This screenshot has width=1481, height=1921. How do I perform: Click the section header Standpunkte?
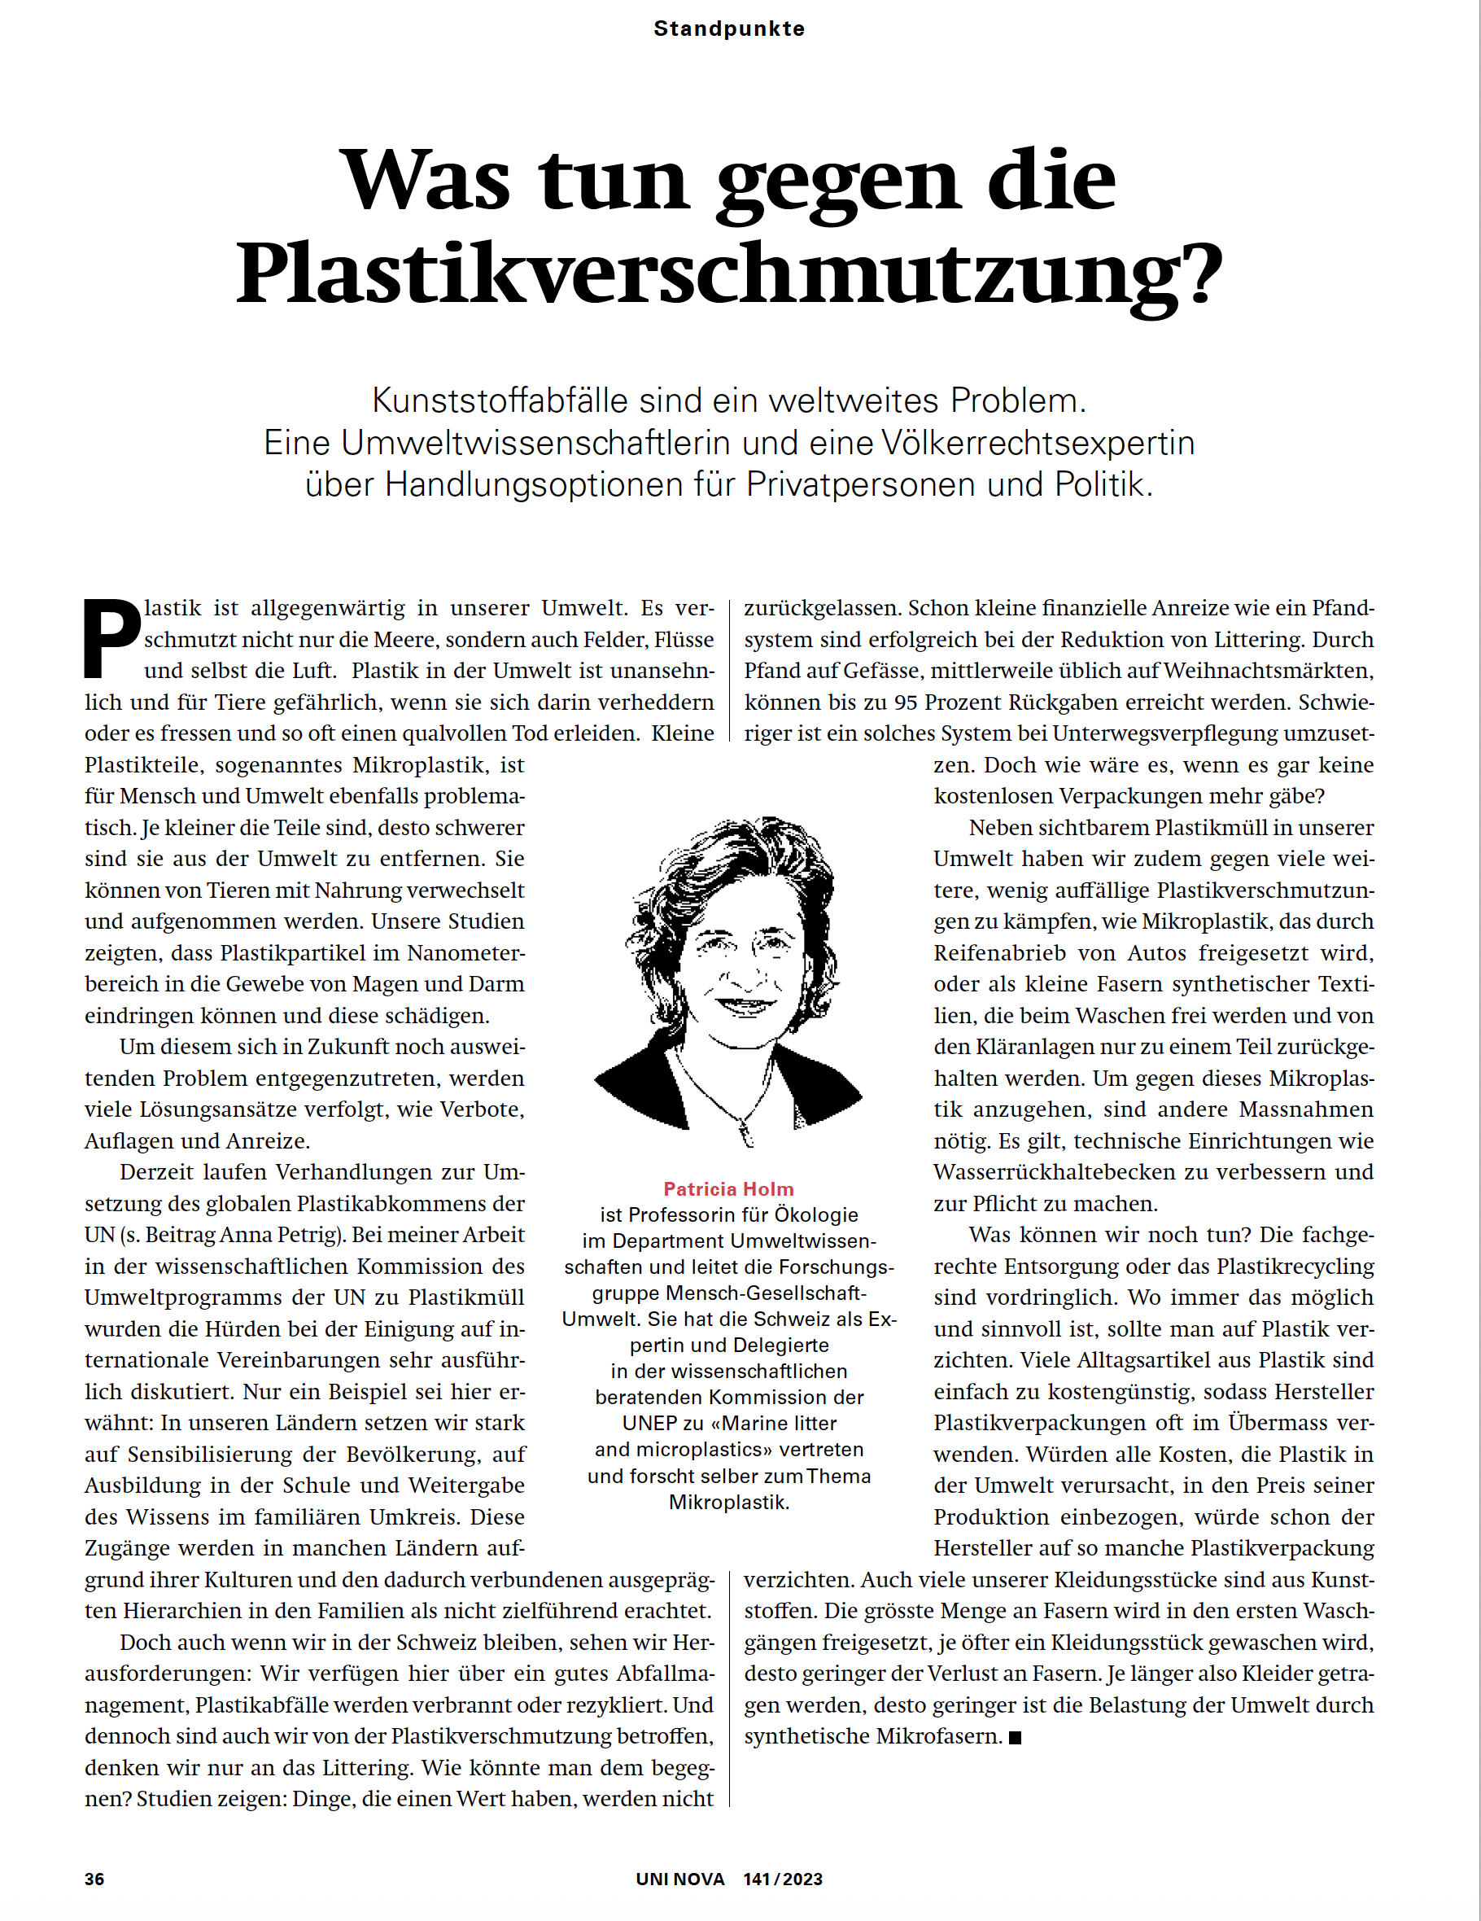point(729,29)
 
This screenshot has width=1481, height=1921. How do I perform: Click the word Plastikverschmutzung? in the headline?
point(729,275)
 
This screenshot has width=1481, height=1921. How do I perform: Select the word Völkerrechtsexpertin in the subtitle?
point(1038,443)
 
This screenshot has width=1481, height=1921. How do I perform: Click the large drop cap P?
point(111,639)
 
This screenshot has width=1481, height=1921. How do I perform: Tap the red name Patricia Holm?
point(728,1189)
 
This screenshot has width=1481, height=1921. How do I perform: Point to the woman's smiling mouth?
point(743,1003)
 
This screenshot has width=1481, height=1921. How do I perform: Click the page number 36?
point(94,1879)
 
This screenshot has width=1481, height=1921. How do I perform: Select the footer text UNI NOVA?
point(679,1879)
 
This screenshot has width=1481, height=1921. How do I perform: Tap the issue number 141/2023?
point(783,1879)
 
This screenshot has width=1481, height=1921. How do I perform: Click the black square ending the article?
point(1015,1737)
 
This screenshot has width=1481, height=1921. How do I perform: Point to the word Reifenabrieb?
point(1000,952)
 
